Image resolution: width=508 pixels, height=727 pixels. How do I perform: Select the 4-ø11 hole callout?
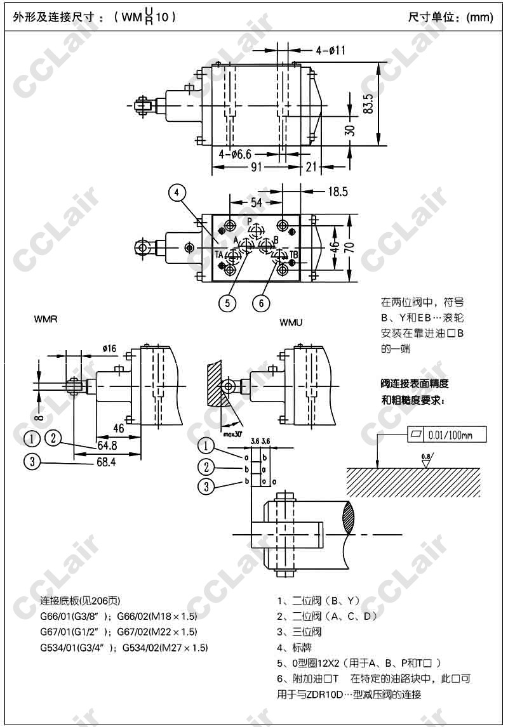330,50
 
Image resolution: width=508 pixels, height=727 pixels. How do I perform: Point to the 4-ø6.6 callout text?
236,154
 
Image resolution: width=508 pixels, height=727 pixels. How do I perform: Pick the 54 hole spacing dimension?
257,202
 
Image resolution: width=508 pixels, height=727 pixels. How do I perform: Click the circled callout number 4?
178,191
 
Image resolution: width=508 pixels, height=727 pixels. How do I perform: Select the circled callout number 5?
227,303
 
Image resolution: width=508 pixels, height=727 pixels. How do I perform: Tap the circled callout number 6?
261,303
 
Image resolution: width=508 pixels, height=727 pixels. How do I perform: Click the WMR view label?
46,320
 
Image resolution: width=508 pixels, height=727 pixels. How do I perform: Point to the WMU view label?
291,322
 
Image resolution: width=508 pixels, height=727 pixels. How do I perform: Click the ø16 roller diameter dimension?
109,348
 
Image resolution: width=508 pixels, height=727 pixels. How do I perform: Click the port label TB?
294,254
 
